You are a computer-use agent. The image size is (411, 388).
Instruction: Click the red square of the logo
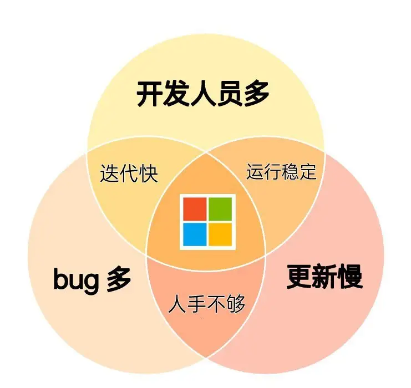(195, 209)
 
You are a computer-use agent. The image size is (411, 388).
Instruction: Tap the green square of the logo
(220, 209)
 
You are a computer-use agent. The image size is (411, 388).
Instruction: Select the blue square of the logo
(195, 234)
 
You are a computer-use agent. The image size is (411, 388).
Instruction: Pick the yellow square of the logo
(220, 234)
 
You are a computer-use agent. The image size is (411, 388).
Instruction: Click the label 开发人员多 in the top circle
(203, 94)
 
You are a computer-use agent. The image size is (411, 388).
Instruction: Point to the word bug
(76, 279)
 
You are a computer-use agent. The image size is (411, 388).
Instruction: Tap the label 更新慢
(325, 277)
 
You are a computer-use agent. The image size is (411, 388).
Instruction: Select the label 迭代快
(129, 173)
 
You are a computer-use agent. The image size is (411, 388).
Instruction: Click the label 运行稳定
(281, 171)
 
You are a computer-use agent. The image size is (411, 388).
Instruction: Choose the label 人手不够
(206, 304)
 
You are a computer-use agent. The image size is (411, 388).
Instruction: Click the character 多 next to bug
(119, 279)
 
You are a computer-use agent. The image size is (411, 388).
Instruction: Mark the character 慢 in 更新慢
(351, 277)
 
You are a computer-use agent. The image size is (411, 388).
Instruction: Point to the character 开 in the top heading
(149, 94)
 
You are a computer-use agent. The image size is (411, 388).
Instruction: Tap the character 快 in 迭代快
(149, 173)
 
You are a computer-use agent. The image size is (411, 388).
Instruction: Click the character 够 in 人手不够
(236, 304)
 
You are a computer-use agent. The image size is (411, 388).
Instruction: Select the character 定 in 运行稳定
(308, 171)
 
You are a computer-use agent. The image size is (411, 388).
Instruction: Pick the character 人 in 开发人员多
(203, 94)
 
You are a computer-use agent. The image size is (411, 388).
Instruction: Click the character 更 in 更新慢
(299, 277)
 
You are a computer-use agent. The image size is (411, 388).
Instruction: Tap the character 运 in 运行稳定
(255, 171)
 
